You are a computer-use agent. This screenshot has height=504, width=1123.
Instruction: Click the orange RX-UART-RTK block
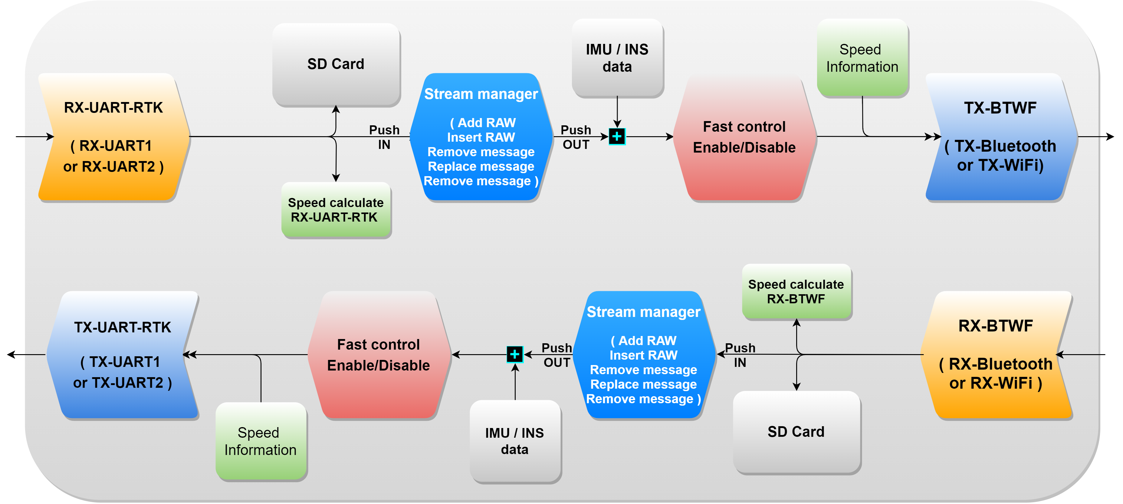click(113, 137)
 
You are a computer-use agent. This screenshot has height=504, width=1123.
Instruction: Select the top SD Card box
click(336, 64)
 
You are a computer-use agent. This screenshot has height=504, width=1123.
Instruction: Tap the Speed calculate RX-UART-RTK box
click(336, 210)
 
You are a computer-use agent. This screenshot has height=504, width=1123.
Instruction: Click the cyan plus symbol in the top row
click(617, 137)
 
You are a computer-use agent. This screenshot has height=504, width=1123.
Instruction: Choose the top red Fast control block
click(744, 137)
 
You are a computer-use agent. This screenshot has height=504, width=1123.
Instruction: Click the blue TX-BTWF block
click(1000, 137)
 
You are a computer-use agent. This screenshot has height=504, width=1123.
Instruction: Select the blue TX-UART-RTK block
click(123, 354)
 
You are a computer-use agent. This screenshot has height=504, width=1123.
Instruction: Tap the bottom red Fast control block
click(378, 354)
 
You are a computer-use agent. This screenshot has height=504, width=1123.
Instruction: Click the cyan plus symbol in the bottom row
click(514, 354)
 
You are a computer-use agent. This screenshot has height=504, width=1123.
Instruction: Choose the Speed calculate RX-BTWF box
click(796, 292)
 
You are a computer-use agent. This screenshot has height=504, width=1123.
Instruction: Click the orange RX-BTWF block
click(996, 354)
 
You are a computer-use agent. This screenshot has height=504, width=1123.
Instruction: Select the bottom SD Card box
click(796, 432)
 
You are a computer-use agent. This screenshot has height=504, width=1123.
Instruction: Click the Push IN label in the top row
click(384, 137)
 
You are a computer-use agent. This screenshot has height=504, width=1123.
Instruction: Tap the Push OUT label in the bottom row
click(556, 355)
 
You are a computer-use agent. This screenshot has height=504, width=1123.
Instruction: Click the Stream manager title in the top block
click(481, 94)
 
